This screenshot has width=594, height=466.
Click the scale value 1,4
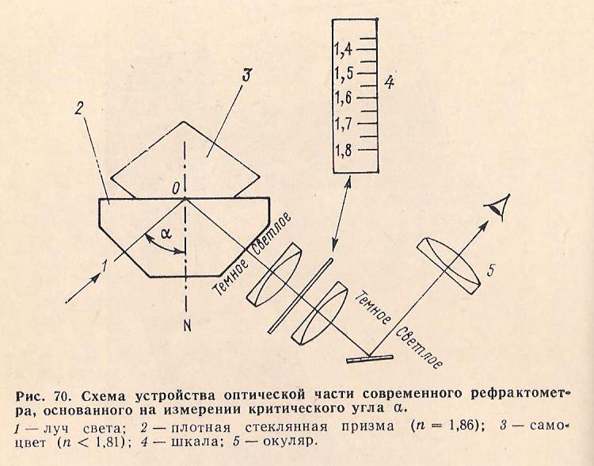[343, 49]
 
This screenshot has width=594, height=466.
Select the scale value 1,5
[343, 74]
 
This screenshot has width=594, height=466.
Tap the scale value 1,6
[343, 98]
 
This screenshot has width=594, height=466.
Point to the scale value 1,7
[343, 124]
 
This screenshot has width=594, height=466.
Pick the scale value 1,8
[343, 149]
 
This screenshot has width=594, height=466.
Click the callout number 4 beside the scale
[388, 82]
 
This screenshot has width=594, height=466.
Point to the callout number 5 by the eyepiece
[490, 272]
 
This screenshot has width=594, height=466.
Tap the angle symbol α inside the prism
[166, 235]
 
